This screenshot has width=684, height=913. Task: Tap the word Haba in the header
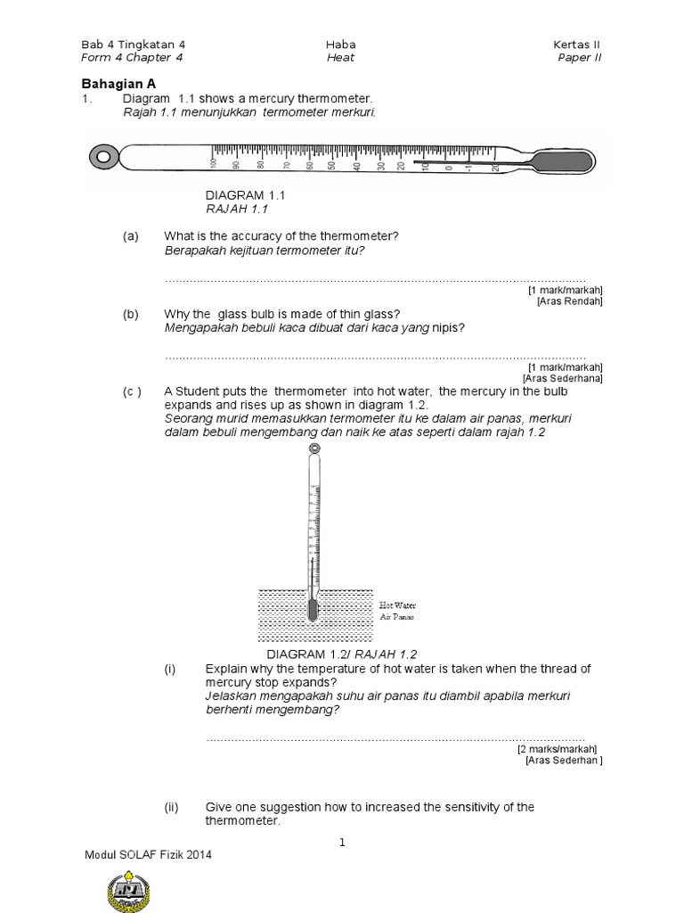point(340,45)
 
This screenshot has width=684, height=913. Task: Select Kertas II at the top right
point(583,45)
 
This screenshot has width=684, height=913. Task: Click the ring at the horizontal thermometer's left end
point(104,159)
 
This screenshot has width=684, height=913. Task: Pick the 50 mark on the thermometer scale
point(332,165)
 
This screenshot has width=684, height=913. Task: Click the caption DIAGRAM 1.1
point(245,194)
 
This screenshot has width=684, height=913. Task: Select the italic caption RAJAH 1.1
point(237,209)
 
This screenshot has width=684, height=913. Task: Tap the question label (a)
point(131,235)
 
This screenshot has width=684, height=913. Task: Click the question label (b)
point(131,314)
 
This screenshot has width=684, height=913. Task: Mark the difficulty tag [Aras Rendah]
point(570,301)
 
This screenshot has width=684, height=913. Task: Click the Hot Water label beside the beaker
point(398,605)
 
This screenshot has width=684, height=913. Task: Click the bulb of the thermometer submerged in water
point(312,610)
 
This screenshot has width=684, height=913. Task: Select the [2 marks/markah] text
point(558,749)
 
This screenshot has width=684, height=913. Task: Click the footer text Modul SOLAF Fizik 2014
point(148,853)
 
